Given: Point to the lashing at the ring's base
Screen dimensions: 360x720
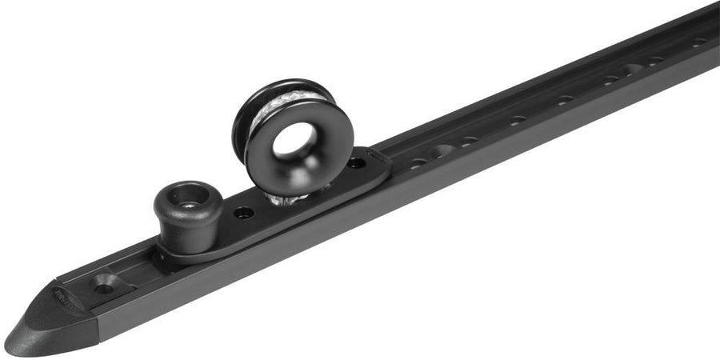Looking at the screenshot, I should click(289, 196).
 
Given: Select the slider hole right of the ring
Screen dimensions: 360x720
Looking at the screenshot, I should click(356, 162).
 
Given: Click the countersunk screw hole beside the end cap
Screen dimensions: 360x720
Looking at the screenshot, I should click(105, 282).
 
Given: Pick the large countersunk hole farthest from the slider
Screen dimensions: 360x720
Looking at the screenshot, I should click(632, 71).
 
